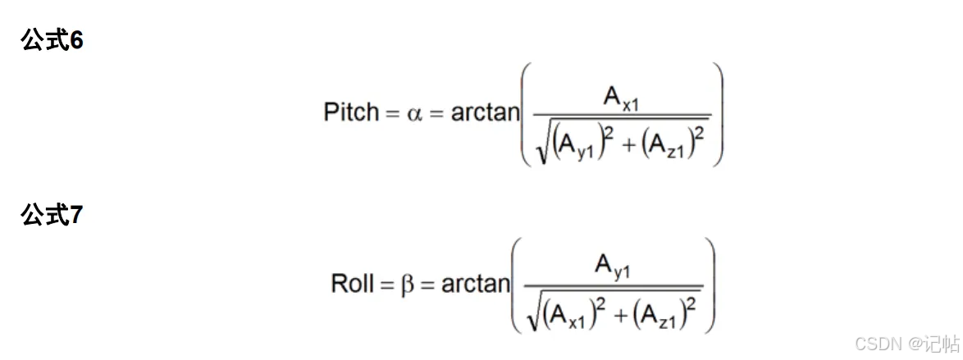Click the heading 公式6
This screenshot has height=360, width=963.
(x=52, y=41)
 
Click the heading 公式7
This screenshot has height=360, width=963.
(x=52, y=216)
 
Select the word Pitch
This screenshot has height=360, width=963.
(x=351, y=112)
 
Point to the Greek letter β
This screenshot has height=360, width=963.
(x=408, y=285)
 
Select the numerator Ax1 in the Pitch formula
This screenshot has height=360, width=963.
(x=619, y=97)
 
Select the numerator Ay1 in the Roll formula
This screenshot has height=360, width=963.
(x=613, y=268)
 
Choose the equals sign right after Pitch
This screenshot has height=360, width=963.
(x=392, y=114)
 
